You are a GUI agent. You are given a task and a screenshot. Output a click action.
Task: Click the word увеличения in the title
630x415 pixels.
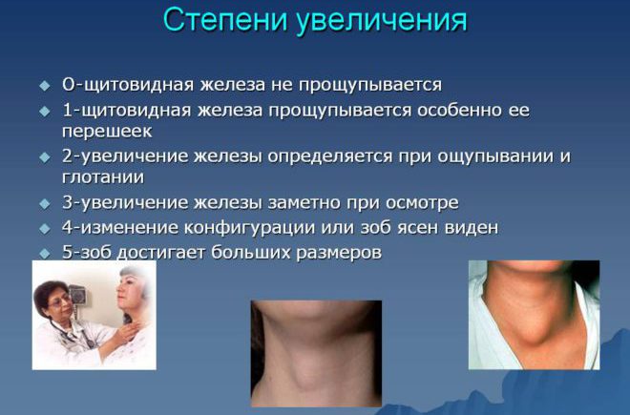(x=382, y=21)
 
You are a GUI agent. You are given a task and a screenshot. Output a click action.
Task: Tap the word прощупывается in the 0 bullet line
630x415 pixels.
(x=370, y=85)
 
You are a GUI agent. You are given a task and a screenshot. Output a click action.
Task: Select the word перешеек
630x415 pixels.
(x=107, y=132)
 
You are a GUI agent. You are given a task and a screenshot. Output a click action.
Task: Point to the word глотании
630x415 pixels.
(x=103, y=176)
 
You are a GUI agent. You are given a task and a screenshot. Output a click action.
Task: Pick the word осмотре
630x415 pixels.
(x=422, y=202)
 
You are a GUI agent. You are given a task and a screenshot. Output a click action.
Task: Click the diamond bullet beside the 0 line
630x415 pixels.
(x=45, y=86)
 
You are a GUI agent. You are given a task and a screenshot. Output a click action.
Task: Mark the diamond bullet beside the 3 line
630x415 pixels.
(x=45, y=203)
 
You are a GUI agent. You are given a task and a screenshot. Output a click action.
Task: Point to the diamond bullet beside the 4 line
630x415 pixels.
(x=45, y=229)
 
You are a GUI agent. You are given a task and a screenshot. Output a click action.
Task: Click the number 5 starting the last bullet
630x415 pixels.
(x=68, y=252)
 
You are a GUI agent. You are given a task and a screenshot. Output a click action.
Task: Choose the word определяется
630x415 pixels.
(x=330, y=156)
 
